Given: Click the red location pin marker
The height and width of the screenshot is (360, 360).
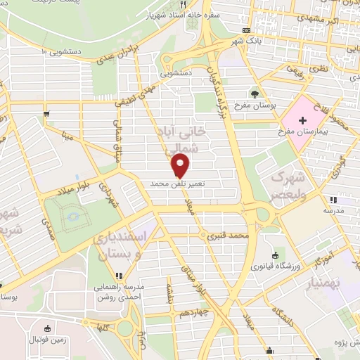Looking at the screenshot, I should [181, 166].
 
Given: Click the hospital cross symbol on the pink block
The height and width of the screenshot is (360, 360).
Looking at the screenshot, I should [302, 121].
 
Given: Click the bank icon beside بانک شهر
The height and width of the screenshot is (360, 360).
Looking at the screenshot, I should [245, 30].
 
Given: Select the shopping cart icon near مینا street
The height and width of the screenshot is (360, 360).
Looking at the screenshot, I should [46, 112].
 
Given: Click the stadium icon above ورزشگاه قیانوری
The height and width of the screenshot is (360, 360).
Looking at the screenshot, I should [274, 255].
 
